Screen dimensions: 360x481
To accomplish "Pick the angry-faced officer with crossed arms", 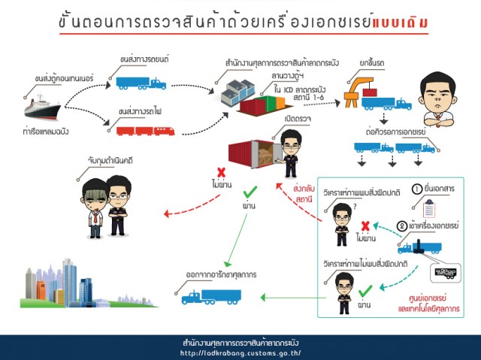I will point(437,97).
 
